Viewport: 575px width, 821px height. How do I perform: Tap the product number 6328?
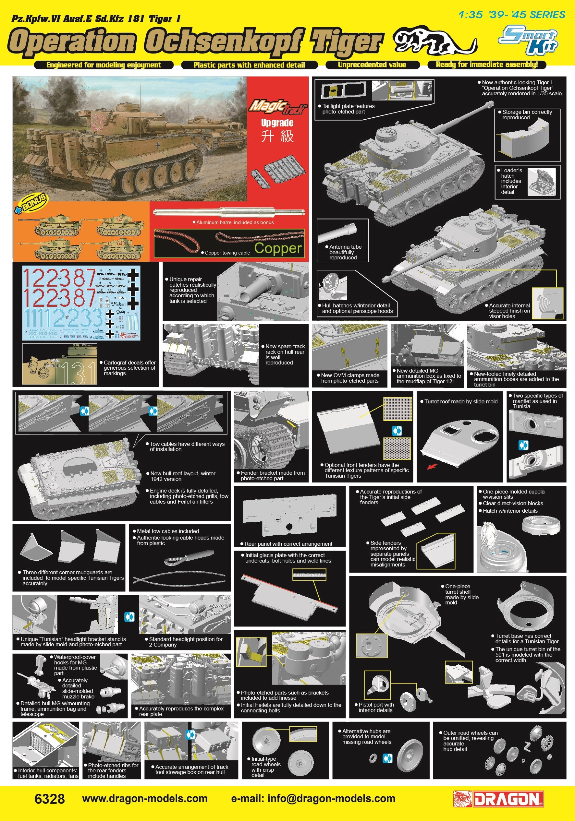click(50, 799)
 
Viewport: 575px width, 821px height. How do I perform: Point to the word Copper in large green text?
click(278, 248)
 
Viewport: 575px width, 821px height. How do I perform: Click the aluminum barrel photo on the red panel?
click(229, 212)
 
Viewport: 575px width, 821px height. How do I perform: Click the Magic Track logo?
click(277, 107)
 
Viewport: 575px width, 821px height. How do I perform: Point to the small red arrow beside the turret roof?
click(432, 466)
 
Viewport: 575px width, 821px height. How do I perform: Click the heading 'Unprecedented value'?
click(372, 65)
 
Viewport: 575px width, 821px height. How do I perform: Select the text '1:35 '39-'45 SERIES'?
click(511, 15)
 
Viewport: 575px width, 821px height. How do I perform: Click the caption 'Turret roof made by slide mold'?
click(460, 401)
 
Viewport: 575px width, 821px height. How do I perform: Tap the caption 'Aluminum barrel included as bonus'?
click(235, 222)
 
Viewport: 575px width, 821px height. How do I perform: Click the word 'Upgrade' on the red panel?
click(277, 123)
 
